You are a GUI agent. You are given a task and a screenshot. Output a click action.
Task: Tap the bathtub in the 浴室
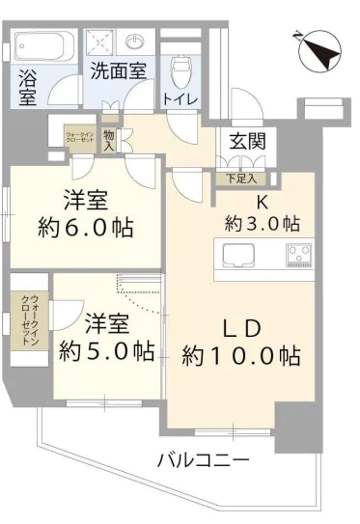point(42,46)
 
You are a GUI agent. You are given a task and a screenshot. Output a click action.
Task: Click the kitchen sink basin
point(237,256)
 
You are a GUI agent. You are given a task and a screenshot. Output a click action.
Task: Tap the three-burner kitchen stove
point(296,256)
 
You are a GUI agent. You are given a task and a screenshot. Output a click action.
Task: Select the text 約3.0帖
point(263,223)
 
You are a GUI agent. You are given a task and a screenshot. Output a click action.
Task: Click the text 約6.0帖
point(85,230)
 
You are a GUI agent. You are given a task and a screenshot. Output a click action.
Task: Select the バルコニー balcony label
point(203,460)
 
